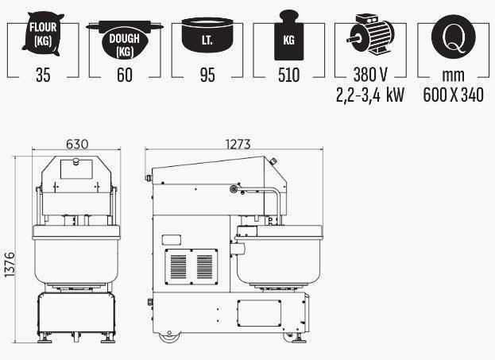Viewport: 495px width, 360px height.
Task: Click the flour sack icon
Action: click(43, 34)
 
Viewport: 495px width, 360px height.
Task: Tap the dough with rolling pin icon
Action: click(125, 40)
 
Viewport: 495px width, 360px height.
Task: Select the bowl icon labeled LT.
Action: click(207, 35)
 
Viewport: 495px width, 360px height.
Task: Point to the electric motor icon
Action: click(370, 33)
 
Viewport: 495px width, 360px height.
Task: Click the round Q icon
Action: click(454, 37)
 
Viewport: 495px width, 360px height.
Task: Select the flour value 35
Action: click(43, 75)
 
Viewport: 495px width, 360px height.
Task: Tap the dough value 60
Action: click(125, 75)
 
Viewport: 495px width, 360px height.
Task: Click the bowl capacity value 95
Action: click(207, 75)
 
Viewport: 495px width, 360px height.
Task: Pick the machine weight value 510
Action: click(288, 75)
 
